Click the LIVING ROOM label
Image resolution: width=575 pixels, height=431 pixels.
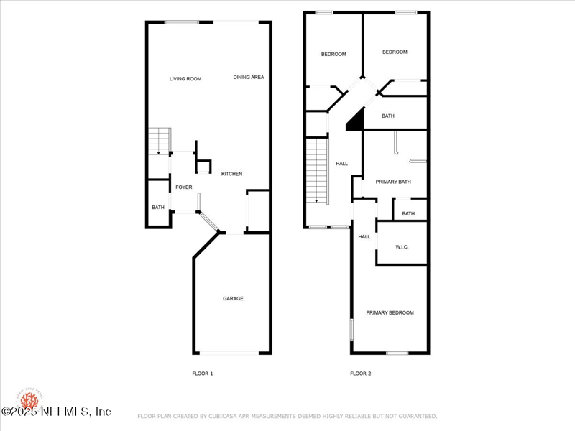tap(185, 78)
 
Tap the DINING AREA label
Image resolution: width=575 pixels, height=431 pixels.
tap(248, 77)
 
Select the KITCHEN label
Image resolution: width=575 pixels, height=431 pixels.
tap(231, 174)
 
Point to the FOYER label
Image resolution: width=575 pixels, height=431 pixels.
tap(184, 187)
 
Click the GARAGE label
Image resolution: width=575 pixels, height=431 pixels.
tap(232, 298)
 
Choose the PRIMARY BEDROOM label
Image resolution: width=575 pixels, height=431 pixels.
tap(390, 312)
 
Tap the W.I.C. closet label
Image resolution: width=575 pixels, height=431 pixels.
tap(402, 247)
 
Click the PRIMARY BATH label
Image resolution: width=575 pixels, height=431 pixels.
tap(394, 182)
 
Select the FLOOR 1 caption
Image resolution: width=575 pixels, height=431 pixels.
tap(203, 374)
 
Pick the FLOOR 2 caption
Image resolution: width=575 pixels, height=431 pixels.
tap(361, 374)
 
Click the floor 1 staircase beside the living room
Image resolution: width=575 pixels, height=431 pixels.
tap(160, 141)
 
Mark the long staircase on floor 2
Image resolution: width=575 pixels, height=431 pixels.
tap(316, 171)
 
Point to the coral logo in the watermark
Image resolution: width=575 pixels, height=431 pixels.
tap(29, 399)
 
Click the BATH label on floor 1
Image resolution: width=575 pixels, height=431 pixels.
tap(158, 208)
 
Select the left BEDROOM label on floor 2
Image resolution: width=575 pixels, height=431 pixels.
tap(333, 54)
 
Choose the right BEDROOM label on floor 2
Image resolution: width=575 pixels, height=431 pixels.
tap(395, 52)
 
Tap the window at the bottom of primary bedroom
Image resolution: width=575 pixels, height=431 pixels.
tap(397, 353)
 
